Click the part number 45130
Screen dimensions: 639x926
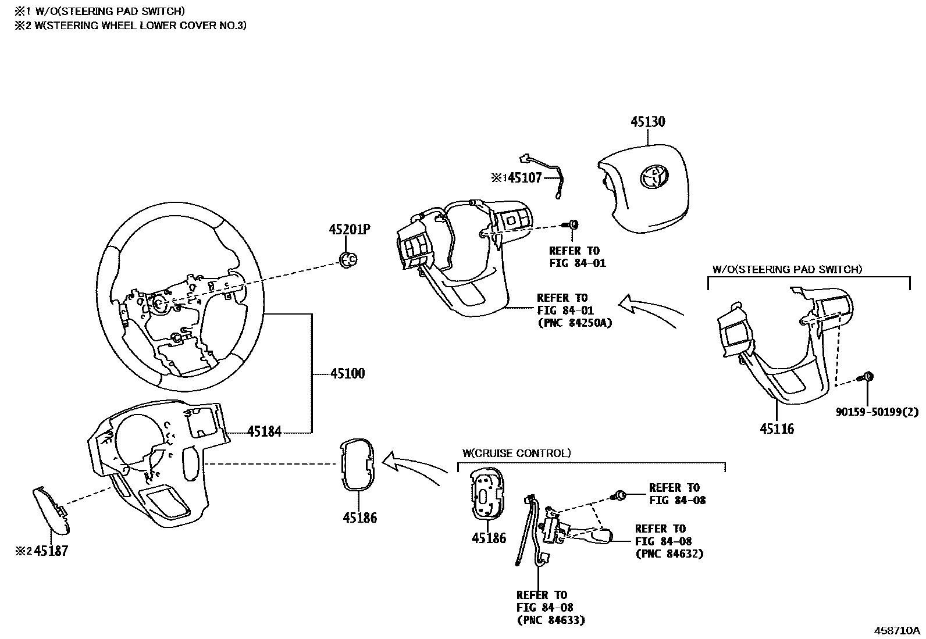tap(648, 122)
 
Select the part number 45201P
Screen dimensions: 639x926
tap(349, 230)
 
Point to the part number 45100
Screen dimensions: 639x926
tap(347, 373)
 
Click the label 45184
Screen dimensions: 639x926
tap(264, 431)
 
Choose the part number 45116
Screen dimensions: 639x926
tap(777, 429)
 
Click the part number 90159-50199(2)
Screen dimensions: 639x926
tap(877, 412)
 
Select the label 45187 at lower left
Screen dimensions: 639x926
tap(51, 551)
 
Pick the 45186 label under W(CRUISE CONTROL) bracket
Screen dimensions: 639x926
tap(489, 538)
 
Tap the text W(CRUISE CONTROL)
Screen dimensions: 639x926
tap(516, 453)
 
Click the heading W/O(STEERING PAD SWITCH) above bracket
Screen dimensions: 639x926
tap(787, 269)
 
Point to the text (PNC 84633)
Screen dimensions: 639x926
tap(550, 620)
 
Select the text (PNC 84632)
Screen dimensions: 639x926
tap(669, 554)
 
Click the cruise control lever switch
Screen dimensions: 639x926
tap(587, 533)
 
